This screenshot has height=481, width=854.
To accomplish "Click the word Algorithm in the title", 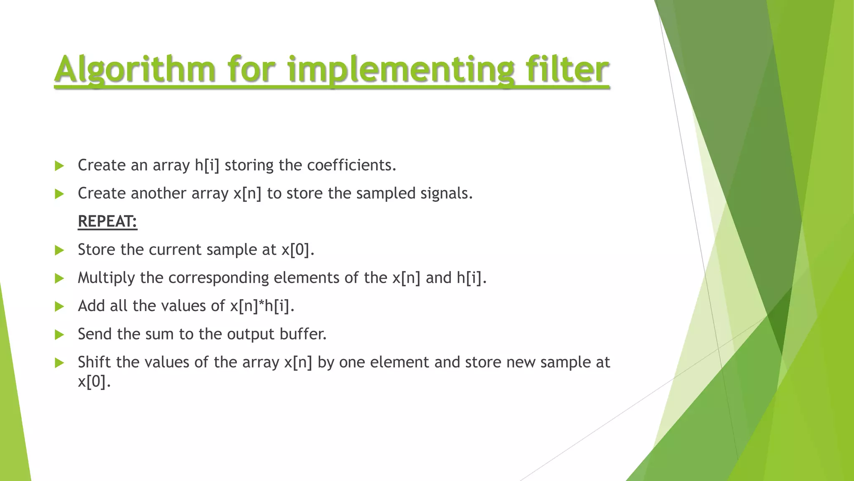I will coord(135,69).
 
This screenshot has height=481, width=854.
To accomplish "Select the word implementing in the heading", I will coord(401,69).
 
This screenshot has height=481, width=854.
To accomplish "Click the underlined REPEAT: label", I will coord(107,221).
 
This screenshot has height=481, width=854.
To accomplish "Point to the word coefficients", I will coord(351,165).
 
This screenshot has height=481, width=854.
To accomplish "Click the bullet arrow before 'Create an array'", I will coord(59,166).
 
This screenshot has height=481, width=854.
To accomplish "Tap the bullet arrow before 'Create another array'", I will coord(59,194).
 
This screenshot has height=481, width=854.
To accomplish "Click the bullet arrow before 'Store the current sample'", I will coord(59,250).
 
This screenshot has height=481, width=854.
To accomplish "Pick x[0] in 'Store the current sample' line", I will coord(297,250).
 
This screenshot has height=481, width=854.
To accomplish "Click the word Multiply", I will coord(106,278).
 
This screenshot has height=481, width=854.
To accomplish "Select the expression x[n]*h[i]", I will coord(262,306).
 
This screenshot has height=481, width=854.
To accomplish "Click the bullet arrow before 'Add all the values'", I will coord(59,306).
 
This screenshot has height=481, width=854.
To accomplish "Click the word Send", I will coord(95,334).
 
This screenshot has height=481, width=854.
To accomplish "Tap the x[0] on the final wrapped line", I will coord(94,381).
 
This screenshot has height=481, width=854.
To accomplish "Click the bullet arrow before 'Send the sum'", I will coord(59,334).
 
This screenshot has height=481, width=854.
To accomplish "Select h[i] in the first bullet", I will coord(207,165).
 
